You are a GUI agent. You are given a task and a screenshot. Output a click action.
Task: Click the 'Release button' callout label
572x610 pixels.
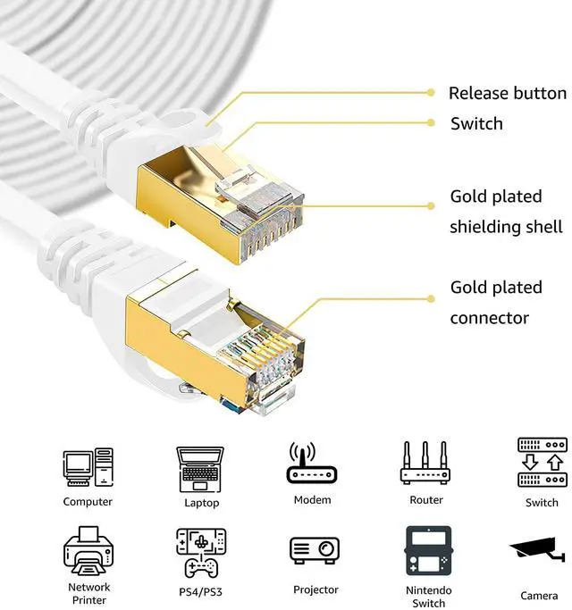[507, 94]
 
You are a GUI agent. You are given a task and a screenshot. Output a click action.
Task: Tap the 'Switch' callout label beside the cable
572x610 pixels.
[476, 124]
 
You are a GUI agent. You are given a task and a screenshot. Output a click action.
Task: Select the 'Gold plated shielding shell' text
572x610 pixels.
[506, 212]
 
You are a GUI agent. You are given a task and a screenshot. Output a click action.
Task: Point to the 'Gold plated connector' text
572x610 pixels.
[496, 303]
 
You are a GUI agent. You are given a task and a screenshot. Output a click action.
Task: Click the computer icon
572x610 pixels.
[88, 467]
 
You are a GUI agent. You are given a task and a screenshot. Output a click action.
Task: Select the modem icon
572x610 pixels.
[312, 464]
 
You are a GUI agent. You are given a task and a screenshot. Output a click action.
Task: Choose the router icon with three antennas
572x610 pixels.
[425, 464]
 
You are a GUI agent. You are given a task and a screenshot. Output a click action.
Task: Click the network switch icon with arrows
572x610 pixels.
[542, 463]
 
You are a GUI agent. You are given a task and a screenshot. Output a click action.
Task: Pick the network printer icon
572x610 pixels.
[88, 550]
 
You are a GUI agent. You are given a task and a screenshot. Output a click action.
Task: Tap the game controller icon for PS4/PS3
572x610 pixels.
[200, 552]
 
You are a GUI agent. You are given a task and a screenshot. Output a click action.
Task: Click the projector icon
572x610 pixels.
[315, 551]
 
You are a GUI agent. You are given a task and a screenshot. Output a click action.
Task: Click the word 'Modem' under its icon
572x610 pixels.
[312, 500]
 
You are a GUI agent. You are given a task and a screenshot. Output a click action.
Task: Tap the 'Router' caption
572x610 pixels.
[426, 500]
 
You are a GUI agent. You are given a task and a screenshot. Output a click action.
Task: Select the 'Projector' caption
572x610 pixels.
[315, 589]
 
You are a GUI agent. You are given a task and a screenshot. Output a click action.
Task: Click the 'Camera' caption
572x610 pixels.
[539, 596]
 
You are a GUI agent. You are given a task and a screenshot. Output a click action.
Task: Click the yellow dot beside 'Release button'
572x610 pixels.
[431, 92]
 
